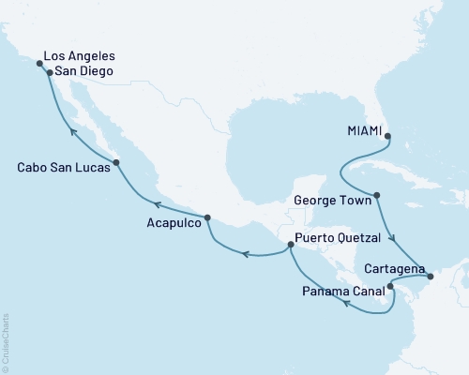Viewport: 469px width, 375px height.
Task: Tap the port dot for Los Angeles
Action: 39,64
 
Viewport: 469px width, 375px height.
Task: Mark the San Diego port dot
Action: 49,72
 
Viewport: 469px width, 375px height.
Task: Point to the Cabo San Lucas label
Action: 61,168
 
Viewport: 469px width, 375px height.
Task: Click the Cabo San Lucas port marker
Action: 116,163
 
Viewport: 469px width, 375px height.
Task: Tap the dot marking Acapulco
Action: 208,217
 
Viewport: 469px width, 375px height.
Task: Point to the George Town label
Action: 332,200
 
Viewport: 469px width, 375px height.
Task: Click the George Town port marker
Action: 376,197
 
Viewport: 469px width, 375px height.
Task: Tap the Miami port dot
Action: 389,137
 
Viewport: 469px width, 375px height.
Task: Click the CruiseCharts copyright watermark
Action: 5,341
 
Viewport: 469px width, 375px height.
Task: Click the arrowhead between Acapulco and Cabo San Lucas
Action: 159,203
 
